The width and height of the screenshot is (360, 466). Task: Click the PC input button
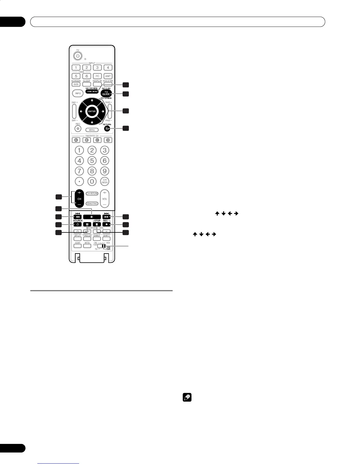[97, 76]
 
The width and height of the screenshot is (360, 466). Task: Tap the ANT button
[108, 76]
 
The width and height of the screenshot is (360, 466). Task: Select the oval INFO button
[78, 93]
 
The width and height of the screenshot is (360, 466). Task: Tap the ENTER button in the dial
[92, 111]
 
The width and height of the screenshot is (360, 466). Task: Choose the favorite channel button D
[108, 140]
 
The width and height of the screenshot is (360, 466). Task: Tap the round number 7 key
[79, 171]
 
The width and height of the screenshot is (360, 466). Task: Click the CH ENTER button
[104, 181]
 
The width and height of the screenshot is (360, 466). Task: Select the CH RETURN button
[92, 194]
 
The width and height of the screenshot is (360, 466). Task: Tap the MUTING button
[92, 203]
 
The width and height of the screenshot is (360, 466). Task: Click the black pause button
[87, 224]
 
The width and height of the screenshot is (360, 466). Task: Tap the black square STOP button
[96, 224]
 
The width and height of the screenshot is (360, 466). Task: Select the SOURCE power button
[77, 224]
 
